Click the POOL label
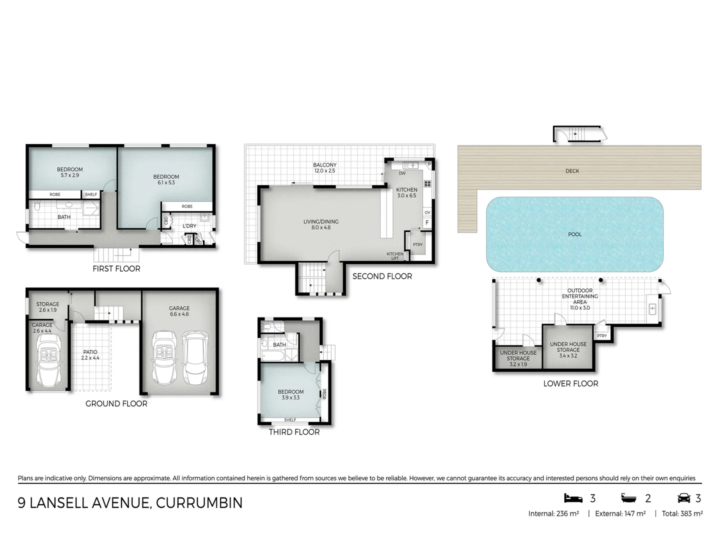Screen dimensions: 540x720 (x=574, y=234)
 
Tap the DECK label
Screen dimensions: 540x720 (x=572, y=171)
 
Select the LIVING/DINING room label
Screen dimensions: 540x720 (x=321, y=221)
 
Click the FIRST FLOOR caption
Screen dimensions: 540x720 (x=116, y=268)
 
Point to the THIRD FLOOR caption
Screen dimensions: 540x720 (x=294, y=432)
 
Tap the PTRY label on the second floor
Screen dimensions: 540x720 (x=417, y=244)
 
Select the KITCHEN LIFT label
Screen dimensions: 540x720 (x=395, y=256)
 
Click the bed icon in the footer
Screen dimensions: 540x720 (x=573, y=498)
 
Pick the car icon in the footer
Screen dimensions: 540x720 (x=683, y=498)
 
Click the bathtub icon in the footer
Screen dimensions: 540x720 (x=629, y=498)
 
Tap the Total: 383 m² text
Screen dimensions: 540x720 (x=682, y=513)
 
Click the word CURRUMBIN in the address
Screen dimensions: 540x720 (x=199, y=502)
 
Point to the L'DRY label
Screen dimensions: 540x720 (x=189, y=226)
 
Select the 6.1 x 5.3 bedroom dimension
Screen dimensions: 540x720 (x=166, y=182)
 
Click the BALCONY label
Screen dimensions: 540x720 (x=325, y=165)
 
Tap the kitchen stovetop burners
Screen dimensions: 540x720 (x=427, y=183)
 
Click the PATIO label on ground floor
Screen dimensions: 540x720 (x=90, y=352)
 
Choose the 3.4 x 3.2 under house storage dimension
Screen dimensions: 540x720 (x=568, y=356)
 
